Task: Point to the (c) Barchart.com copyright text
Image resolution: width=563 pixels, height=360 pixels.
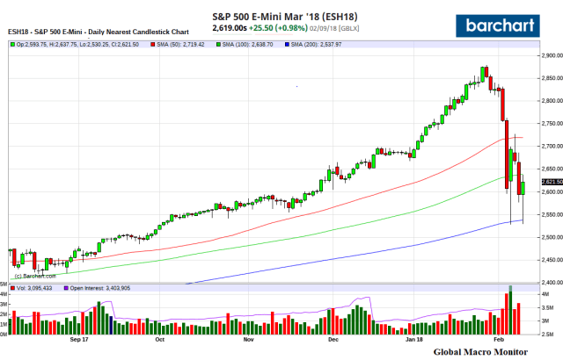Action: [32, 276]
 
